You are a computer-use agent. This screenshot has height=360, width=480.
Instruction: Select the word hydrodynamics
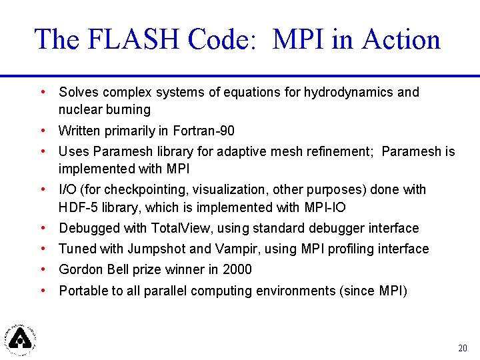coord(349,92)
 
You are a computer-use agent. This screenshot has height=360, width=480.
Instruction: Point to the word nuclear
coord(80,109)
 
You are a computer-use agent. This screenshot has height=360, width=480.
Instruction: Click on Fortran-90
coord(203,131)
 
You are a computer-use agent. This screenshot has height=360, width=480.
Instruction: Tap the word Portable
coord(82,291)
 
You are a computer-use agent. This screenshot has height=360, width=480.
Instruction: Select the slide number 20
coord(463,348)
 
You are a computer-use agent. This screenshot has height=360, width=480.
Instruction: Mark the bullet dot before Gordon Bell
coord(43,269)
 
